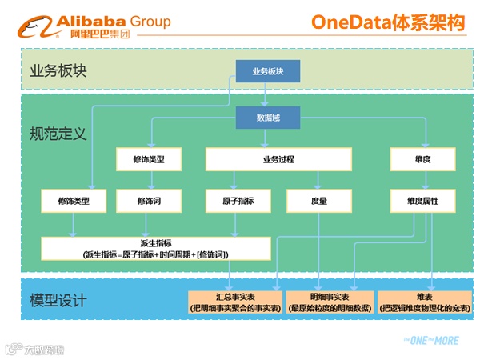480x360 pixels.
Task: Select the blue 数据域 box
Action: [267, 118]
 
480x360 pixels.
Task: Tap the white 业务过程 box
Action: [278, 160]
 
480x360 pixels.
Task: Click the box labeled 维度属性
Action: [422, 202]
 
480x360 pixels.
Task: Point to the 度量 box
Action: [317, 202]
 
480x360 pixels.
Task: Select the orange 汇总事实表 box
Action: [235, 302]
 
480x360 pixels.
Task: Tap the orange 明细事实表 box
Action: [330, 302]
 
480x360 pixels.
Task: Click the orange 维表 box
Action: [424, 302]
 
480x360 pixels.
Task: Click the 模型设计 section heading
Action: [57, 301]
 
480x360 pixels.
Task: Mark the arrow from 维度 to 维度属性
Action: [422, 180]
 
